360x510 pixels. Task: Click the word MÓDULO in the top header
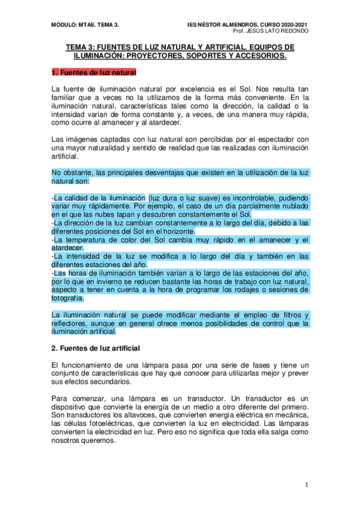click(x=64, y=24)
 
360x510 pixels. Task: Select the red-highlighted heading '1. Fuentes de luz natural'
click(x=94, y=73)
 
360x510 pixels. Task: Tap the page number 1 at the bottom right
click(x=307, y=485)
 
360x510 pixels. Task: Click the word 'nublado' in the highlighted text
click(x=294, y=206)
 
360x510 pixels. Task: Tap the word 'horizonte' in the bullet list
click(x=177, y=231)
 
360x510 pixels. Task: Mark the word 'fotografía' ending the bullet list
click(x=69, y=298)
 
